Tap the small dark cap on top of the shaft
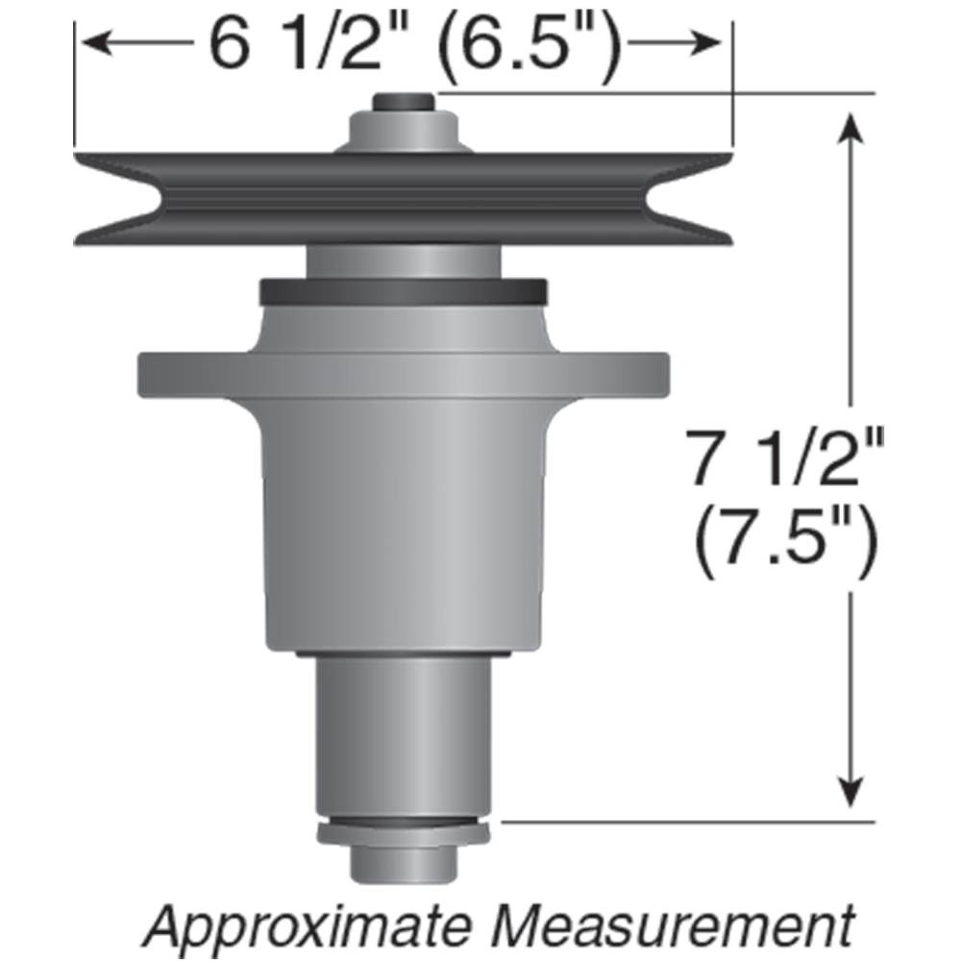click(405, 102)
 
